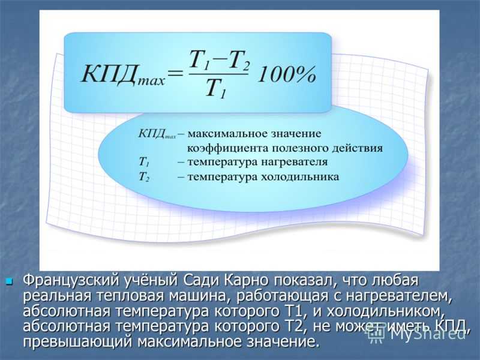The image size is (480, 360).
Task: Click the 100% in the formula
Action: coord(286,74)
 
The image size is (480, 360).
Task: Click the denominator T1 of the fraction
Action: coord(215,89)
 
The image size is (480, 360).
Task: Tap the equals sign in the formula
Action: coord(175,74)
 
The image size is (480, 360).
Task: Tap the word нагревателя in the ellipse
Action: coord(294,162)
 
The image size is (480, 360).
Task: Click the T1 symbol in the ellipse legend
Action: coord(144,162)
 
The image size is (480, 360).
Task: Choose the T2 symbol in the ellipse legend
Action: coord(144,177)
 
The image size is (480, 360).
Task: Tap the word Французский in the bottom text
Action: coord(71,281)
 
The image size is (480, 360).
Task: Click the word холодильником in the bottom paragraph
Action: coord(386,311)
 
